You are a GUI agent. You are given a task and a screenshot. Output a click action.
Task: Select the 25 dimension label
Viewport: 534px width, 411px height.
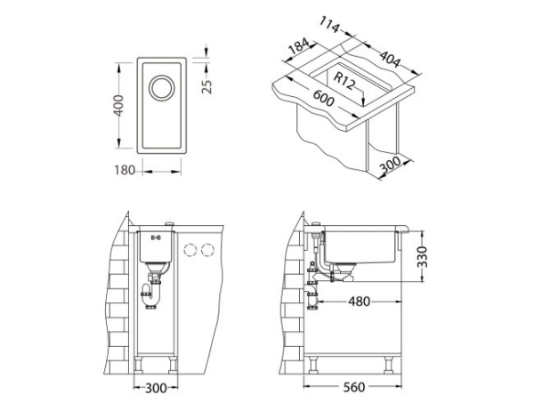click(207, 84)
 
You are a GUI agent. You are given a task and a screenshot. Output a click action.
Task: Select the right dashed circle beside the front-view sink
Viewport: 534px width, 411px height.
click(209, 250)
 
